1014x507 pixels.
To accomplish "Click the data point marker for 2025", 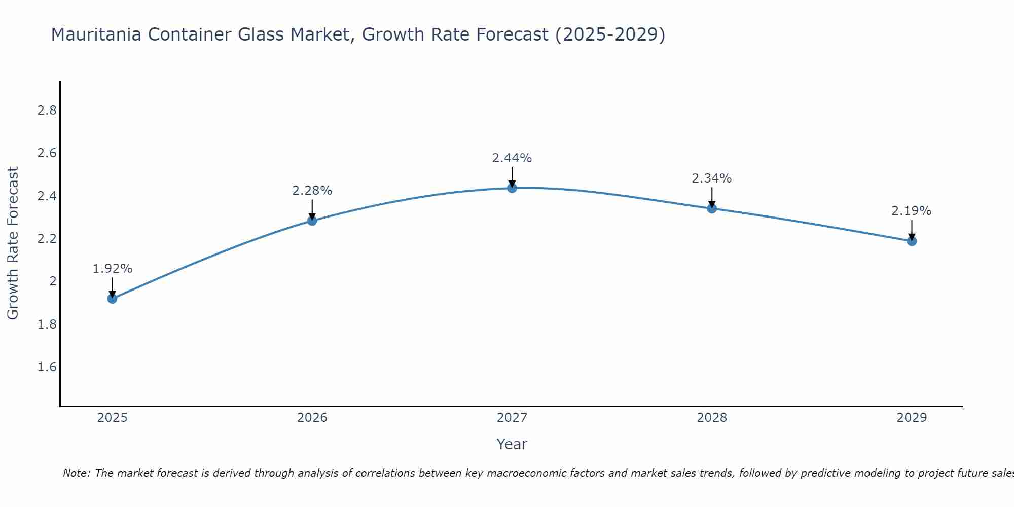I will [x=112, y=299].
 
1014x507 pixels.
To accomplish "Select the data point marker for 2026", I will [x=312, y=221].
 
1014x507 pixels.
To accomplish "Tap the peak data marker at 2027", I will [x=512, y=188].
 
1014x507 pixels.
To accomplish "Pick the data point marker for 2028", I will [x=712, y=208].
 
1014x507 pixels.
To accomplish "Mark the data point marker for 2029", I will [x=912, y=241].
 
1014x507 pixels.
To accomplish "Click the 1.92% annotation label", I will [x=112, y=269].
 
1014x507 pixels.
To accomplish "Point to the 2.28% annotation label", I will [x=312, y=191].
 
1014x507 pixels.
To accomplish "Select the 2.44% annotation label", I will [x=512, y=158].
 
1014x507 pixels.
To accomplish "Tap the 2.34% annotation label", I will [x=712, y=178].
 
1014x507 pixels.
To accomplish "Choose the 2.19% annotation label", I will [x=912, y=211].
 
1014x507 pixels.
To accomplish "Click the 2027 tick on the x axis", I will [x=512, y=418].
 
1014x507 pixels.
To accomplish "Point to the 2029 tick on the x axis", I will [x=912, y=418].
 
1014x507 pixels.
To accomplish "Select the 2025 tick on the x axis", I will [x=112, y=418].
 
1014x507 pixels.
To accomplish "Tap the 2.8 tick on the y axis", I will [x=47, y=111].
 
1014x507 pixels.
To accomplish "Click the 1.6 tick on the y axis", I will [x=47, y=367].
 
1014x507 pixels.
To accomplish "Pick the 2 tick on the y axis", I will [x=52, y=281].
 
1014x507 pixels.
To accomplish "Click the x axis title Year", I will [x=512, y=444].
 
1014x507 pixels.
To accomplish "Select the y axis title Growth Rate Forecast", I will [x=13, y=243].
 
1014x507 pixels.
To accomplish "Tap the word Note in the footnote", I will [x=76, y=473].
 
